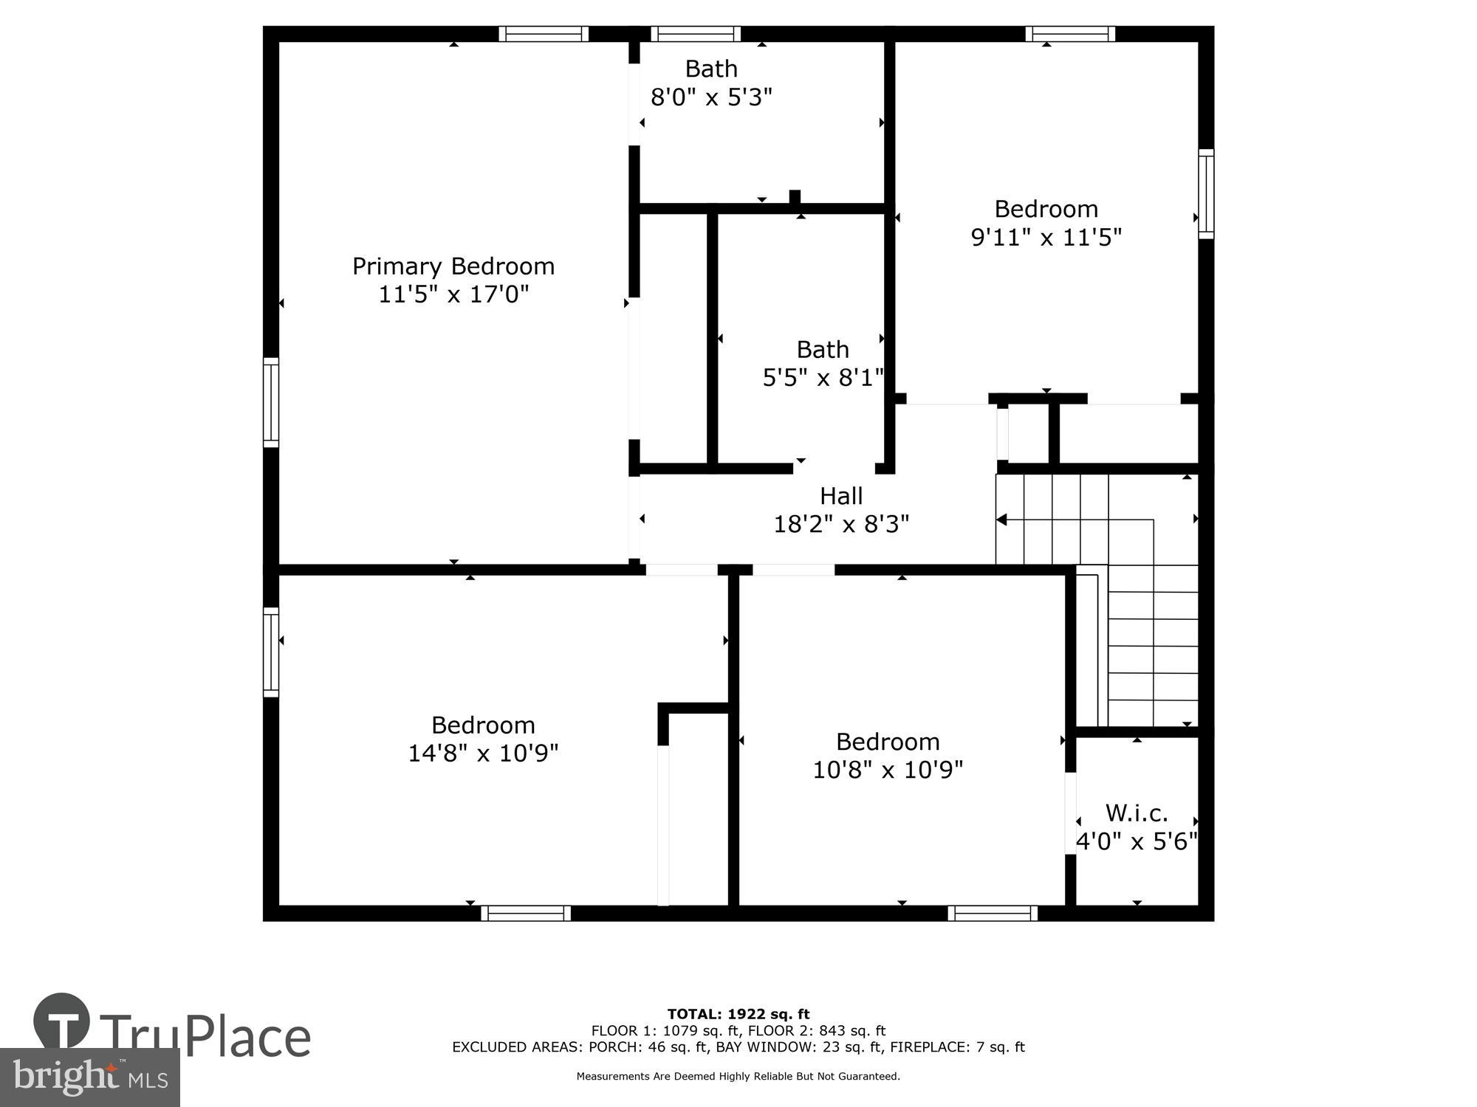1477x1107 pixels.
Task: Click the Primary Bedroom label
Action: [x=453, y=266]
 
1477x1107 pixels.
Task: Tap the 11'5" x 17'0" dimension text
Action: [x=453, y=294]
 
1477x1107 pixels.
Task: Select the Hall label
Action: [x=840, y=496]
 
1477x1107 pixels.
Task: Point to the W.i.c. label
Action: [x=1136, y=813]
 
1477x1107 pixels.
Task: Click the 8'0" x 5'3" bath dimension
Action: [x=710, y=97]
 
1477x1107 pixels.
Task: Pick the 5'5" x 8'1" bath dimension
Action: [x=822, y=378]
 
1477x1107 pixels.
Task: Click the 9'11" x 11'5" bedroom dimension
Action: [x=1046, y=237]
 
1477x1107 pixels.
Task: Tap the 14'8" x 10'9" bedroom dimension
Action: [x=483, y=753]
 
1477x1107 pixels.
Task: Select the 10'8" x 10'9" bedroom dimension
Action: [x=887, y=770]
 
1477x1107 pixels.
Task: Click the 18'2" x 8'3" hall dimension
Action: [x=840, y=524]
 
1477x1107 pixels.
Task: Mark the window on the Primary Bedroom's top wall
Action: [x=544, y=34]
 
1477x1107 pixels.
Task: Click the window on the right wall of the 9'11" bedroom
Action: [x=1205, y=194]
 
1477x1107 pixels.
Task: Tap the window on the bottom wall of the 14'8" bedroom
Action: [x=526, y=913]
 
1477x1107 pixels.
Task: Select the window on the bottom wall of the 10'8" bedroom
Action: [x=993, y=913]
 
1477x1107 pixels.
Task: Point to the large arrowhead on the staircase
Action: [x=1001, y=520]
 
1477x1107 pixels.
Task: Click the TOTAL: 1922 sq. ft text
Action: [x=738, y=1014]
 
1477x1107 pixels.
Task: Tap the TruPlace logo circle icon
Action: [x=61, y=1023]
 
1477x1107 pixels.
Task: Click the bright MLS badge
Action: [x=89, y=1077]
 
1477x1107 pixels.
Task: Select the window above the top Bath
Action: [x=695, y=34]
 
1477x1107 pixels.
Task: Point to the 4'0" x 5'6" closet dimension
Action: [x=1136, y=841]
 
